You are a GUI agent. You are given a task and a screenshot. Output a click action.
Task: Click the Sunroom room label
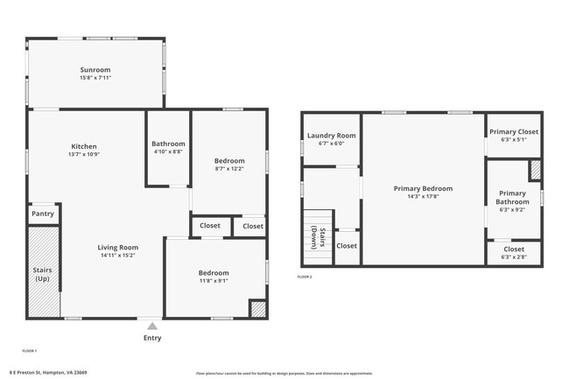[x=95, y=69]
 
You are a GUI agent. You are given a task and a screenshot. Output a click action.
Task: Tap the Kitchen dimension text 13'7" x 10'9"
[x=84, y=154]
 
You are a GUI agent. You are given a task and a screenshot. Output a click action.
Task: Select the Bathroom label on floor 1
[x=168, y=144]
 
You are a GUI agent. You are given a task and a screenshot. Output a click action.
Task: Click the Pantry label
[x=43, y=213]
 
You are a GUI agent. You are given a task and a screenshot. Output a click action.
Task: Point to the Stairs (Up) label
[x=43, y=275]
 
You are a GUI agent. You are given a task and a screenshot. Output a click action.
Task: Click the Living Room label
[x=117, y=248]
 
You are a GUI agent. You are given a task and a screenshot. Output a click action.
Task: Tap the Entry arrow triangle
[x=152, y=326]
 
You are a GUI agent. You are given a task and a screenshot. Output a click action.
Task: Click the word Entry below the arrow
[x=152, y=338]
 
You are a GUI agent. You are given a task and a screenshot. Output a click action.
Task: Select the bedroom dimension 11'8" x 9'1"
[x=213, y=281]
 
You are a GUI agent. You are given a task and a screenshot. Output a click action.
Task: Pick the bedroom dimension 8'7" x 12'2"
[x=228, y=169]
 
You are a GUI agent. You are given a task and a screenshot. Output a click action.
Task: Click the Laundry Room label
[x=331, y=136]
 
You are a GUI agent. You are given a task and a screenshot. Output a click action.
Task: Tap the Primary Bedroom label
[x=423, y=188]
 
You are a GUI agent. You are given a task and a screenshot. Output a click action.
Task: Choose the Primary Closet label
[x=513, y=131]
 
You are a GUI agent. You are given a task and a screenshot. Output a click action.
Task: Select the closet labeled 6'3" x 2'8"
[x=513, y=256]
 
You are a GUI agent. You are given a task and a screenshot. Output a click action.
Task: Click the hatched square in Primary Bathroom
[x=535, y=169]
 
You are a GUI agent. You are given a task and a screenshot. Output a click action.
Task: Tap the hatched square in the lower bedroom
[x=258, y=308]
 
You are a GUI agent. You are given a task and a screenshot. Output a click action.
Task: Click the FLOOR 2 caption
[x=304, y=277]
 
